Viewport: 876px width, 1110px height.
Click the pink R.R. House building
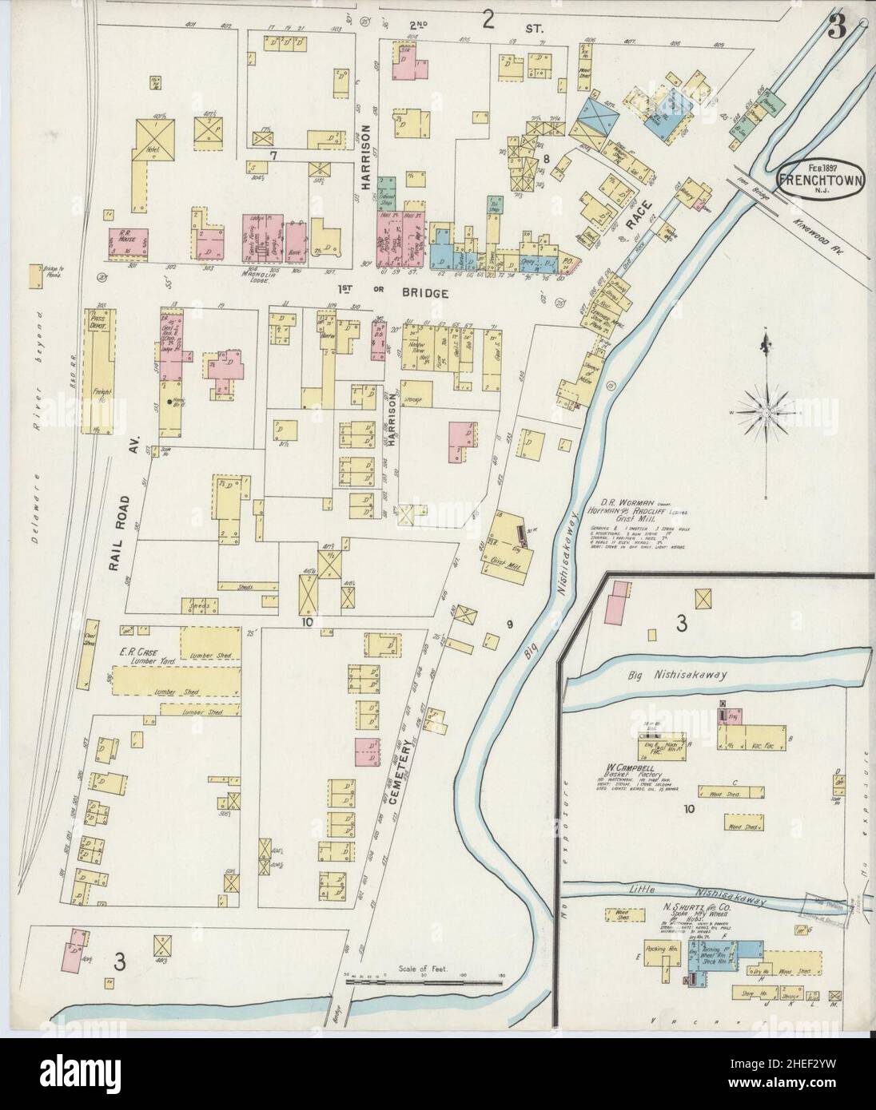(128, 243)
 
